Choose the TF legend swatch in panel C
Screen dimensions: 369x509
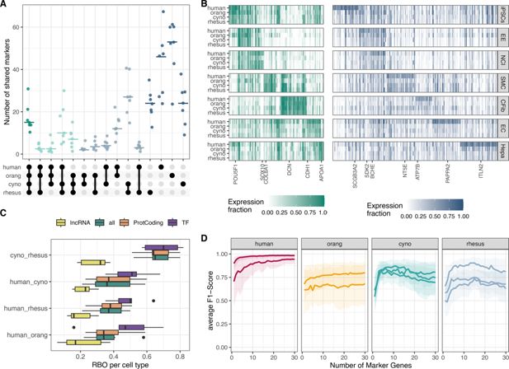click(160, 223)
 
